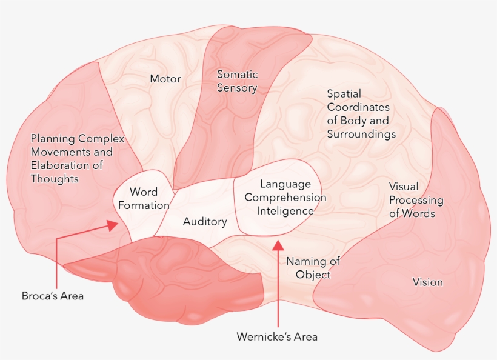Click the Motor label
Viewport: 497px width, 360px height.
(x=165, y=79)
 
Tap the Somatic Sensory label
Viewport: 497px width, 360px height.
(x=237, y=81)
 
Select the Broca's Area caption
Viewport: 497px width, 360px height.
(x=53, y=296)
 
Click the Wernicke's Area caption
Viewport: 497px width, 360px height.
(x=276, y=336)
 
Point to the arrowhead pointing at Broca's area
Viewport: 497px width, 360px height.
(x=113, y=225)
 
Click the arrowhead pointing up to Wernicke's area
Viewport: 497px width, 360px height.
(x=278, y=244)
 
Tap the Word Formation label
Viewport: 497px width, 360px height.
(x=144, y=199)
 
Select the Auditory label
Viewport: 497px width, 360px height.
(x=205, y=222)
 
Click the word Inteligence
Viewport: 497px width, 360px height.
(x=285, y=211)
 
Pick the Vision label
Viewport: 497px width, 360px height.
(x=427, y=282)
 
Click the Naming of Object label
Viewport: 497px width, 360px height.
(x=313, y=268)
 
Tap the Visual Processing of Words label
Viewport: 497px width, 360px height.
(x=416, y=200)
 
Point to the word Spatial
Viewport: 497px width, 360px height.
(x=344, y=94)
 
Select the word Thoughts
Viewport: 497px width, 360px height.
(x=55, y=179)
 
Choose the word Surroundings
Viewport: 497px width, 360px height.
(x=361, y=134)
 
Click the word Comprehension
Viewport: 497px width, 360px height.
(x=285, y=198)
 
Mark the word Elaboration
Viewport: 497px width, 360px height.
(x=60, y=165)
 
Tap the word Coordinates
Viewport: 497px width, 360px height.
(x=358, y=107)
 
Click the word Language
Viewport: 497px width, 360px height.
(x=285, y=184)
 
